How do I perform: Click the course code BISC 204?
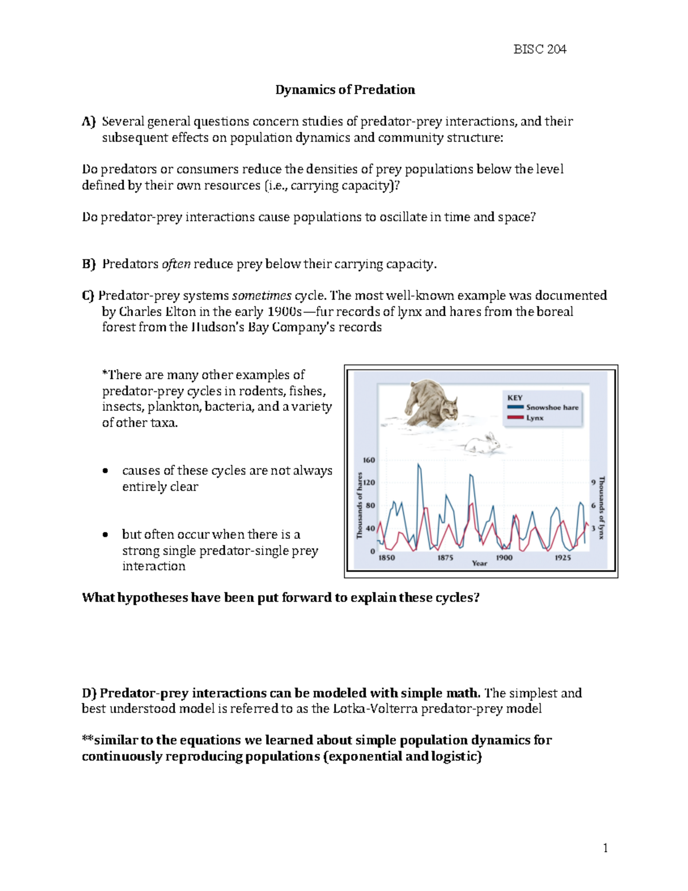coord(540,49)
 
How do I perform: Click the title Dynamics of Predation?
coord(345,90)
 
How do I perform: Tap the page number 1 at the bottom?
coord(605,848)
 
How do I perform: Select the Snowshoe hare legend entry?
coord(552,407)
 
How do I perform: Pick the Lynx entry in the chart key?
coord(534,418)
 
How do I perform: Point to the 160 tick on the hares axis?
coord(369,460)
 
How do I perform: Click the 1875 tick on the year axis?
coord(445,558)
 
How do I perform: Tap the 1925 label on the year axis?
coord(562,558)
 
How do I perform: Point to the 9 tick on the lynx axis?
coord(593,483)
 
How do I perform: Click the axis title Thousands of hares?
coord(359,505)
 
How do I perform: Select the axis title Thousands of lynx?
coord(601,508)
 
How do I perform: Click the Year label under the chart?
coord(479,563)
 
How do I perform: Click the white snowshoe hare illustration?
coord(483,443)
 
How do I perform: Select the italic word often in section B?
coord(176,264)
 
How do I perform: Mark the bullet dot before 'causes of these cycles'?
coord(104,471)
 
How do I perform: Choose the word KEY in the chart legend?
coord(515,398)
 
